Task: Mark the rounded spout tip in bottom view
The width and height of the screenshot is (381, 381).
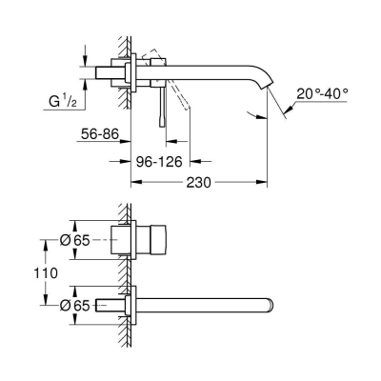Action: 271,305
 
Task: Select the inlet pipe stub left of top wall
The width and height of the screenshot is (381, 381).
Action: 108,72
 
